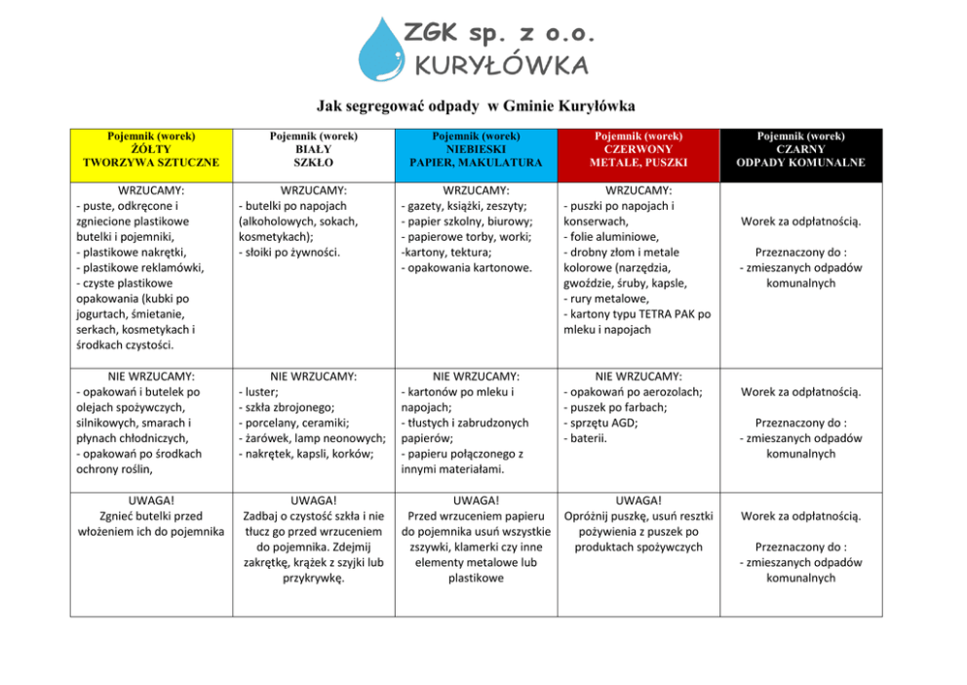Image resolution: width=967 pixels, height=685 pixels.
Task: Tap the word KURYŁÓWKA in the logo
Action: pos(501,65)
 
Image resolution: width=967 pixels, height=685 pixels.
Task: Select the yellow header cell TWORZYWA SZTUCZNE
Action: pos(151,155)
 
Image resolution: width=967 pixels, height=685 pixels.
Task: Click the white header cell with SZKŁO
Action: pos(313,155)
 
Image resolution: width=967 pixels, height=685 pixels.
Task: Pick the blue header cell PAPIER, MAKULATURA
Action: pos(476,155)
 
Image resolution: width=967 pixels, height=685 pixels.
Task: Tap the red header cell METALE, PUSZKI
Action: pos(638,155)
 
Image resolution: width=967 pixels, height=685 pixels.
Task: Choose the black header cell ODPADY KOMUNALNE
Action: pos(800,155)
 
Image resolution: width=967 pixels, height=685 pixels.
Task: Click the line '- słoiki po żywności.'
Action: pos(290,252)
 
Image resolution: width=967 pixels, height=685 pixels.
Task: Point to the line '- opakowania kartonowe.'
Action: pos(467,267)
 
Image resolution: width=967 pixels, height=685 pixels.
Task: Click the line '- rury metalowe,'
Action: pos(606,299)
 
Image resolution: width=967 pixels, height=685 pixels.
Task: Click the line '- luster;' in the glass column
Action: pos(258,391)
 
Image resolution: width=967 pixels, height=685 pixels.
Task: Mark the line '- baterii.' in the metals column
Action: pos(586,438)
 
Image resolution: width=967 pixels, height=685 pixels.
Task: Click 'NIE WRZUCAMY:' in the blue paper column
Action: pos(476,376)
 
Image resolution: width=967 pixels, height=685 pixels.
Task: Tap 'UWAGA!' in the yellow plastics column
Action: pos(151,500)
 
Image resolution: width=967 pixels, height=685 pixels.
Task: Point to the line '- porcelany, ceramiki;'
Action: pos(293,423)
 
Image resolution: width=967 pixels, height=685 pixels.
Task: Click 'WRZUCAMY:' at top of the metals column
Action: pos(638,190)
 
